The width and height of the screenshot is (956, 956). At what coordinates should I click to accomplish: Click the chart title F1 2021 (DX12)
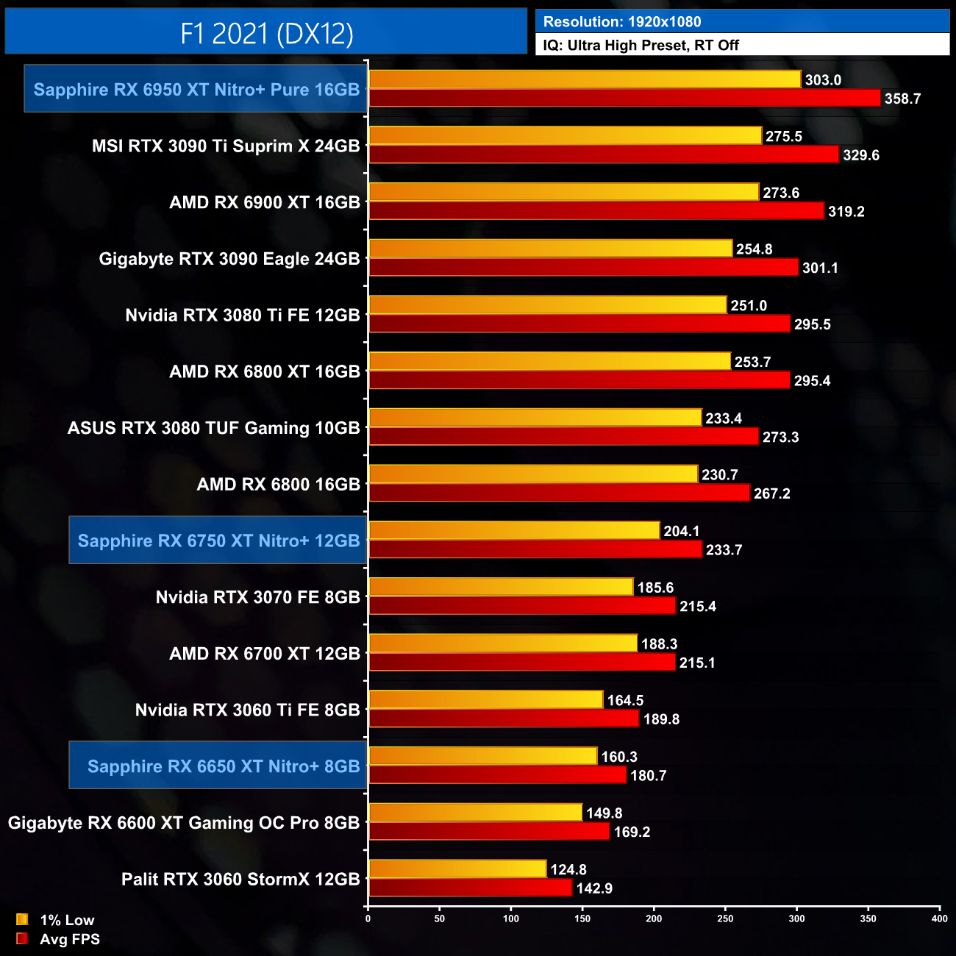(266, 33)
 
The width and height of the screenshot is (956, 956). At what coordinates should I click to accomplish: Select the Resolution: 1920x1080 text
(622, 22)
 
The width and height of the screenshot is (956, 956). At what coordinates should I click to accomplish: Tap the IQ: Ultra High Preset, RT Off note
(641, 46)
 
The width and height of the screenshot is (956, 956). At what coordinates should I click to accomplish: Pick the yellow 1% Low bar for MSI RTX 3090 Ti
(565, 136)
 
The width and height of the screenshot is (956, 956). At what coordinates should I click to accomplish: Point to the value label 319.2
(846, 212)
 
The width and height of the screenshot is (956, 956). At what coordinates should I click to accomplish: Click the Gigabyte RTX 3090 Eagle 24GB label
(229, 259)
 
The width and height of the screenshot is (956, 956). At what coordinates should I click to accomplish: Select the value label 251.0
(749, 306)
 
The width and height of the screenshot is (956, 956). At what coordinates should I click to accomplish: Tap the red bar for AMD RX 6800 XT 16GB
(579, 380)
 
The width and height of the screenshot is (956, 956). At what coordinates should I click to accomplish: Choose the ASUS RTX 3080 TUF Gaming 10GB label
(213, 428)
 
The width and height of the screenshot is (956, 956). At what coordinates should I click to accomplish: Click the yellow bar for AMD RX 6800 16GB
(532, 474)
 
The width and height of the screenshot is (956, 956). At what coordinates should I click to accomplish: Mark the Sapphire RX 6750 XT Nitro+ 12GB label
(218, 541)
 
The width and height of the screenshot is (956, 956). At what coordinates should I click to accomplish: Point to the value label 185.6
(655, 588)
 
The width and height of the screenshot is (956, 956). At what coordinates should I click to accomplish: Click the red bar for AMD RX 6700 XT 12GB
(521, 663)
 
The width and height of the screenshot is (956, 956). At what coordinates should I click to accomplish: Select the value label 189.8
(661, 719)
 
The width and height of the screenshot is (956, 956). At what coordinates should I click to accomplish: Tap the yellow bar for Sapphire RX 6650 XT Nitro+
(482, 756)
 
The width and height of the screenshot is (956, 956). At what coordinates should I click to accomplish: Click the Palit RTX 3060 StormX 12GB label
(240, 880)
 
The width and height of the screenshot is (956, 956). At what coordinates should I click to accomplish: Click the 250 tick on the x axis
(725, 918)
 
